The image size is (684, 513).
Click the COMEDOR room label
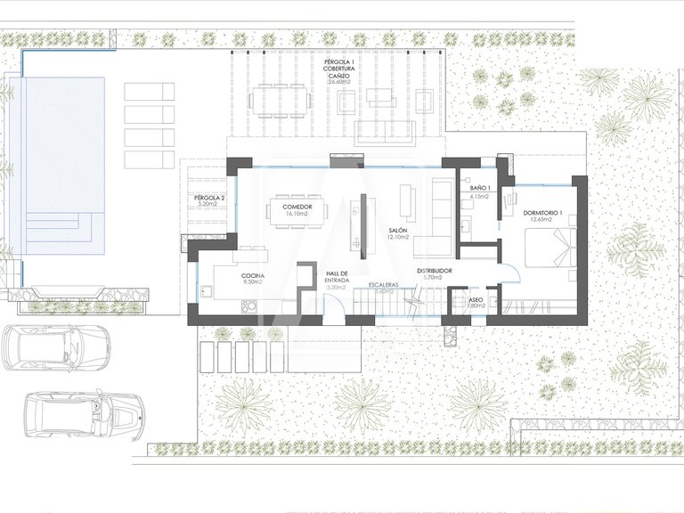click(x=297, y=207)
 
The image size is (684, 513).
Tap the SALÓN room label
click(x=398, y=230)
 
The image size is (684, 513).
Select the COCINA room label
click(x=252, y=276)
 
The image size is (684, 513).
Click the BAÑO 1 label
click(x=479, y=188)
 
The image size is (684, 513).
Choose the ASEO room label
click(x=476, y=300)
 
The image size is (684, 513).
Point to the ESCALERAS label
click(x=384, y=284)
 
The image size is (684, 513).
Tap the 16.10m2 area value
click(x=297, y=215)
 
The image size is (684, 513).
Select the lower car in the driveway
click(x=80, y=413)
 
